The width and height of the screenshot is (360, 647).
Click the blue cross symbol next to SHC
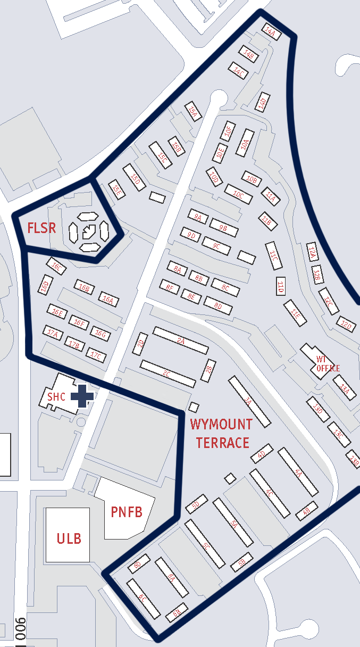[82, 396]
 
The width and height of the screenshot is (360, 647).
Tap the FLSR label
[41, 229]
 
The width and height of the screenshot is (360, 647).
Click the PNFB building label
[127, 512]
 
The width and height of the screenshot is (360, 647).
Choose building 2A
[180, 341]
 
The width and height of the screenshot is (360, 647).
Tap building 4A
[298, 471]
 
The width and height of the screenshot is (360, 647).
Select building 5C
[206, 544]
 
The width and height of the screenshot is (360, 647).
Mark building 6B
[177, 613]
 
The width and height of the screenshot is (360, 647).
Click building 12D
[346, 324]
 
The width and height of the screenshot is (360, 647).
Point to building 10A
[245, 143]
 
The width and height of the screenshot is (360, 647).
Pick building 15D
[134, 177]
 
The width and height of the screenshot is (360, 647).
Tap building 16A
[108, 300]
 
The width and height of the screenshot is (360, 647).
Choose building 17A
[52, 333]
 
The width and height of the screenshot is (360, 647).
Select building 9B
[223, 227]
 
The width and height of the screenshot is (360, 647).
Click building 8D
[217, 305]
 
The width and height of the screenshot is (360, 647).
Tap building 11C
[273, 257]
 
